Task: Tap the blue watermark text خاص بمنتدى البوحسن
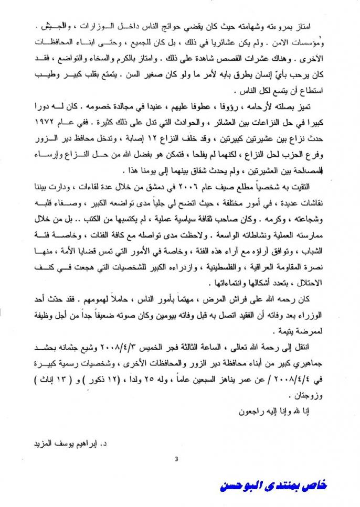pos(273,486)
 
